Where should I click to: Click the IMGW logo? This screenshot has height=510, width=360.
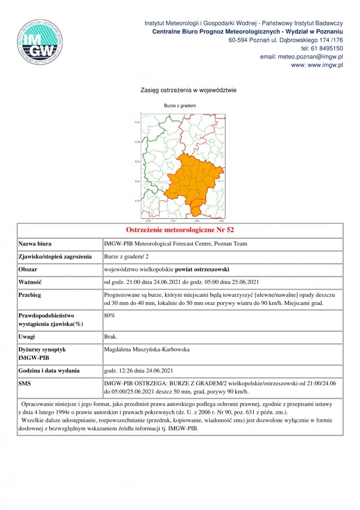[x=40, y=41]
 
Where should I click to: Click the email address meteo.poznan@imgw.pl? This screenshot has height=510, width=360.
[x=301, y=56]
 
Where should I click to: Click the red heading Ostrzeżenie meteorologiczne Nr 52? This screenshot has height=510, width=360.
[x=179, y=230]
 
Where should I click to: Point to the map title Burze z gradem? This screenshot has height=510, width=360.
[x=180, y=106]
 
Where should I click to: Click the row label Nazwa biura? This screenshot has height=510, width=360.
[x=35, y=244]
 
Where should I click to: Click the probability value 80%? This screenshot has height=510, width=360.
[x=110, y=316]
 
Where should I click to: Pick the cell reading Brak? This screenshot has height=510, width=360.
[x=111, y=337]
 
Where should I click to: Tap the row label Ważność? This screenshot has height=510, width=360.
[x=30, y=282]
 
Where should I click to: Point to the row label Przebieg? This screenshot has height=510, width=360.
[x=30, y=295]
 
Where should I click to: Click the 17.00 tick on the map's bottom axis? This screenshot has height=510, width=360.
[x=172, y=220]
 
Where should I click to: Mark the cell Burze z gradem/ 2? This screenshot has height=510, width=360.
[x=127, y=257]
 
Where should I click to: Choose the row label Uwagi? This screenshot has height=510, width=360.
[x=28, y=337]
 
